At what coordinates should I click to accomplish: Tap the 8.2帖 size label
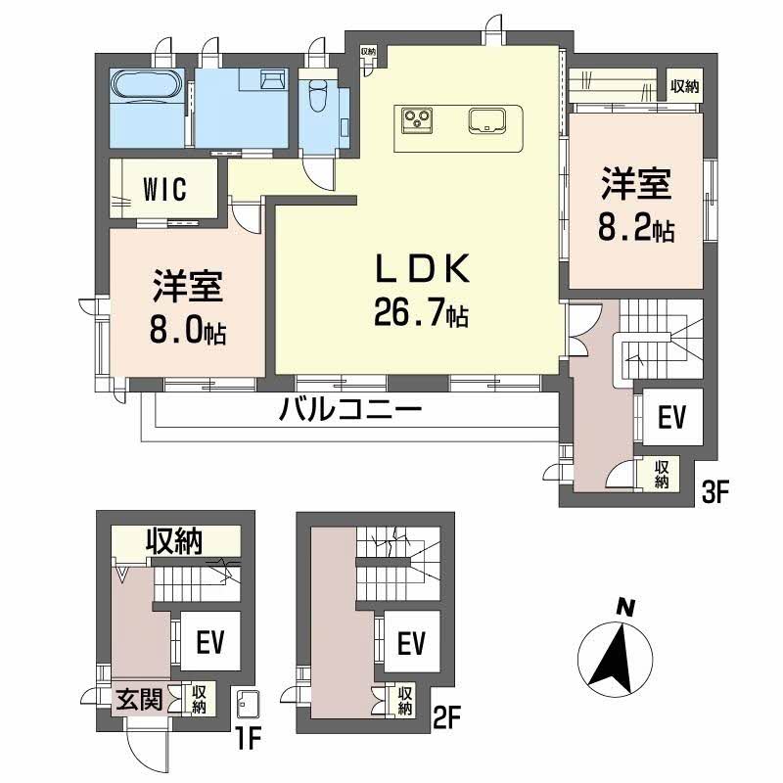click(x=636, y=231)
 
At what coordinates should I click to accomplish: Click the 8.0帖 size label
click(x=188, y=332)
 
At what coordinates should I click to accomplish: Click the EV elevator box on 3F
click(x=670, y=418)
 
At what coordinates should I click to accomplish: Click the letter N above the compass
click(x=622, y=608)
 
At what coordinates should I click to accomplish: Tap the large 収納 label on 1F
click(x=175, y=540)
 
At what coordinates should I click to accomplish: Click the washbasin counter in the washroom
click(x=271, y=80)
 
